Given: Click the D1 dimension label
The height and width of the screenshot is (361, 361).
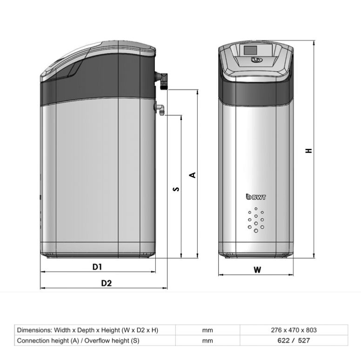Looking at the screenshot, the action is click(97, 267).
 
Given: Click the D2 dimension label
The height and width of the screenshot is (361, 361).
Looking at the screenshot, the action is click(107, 283).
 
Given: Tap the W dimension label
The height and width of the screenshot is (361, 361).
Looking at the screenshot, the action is click(257, 270).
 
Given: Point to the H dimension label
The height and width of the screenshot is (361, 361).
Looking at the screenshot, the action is click(308, 151).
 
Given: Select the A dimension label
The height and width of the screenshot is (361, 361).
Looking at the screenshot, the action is click(193, 175).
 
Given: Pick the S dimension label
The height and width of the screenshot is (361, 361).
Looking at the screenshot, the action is click(176, 189).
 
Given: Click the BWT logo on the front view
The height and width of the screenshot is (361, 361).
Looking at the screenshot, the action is click(256, 197).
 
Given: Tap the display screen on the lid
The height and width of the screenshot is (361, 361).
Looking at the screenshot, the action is click(250, 50).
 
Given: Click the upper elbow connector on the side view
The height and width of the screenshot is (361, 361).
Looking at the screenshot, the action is click(162, 80).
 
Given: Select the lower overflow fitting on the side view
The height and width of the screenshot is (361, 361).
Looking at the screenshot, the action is click(160, 109).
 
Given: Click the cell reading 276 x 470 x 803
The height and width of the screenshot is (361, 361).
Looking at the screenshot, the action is click(294, 330).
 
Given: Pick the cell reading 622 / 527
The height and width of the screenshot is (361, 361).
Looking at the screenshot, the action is click(294, 340).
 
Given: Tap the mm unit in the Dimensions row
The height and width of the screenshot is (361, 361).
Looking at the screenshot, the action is click(207, 330).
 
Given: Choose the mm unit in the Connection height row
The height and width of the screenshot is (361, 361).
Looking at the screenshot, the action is click(207, 341).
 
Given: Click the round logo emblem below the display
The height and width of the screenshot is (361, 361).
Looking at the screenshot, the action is click(256, 60).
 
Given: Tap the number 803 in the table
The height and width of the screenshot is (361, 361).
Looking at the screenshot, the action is click(311, 330).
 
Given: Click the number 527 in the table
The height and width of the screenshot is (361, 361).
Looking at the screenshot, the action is click(304, 340).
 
